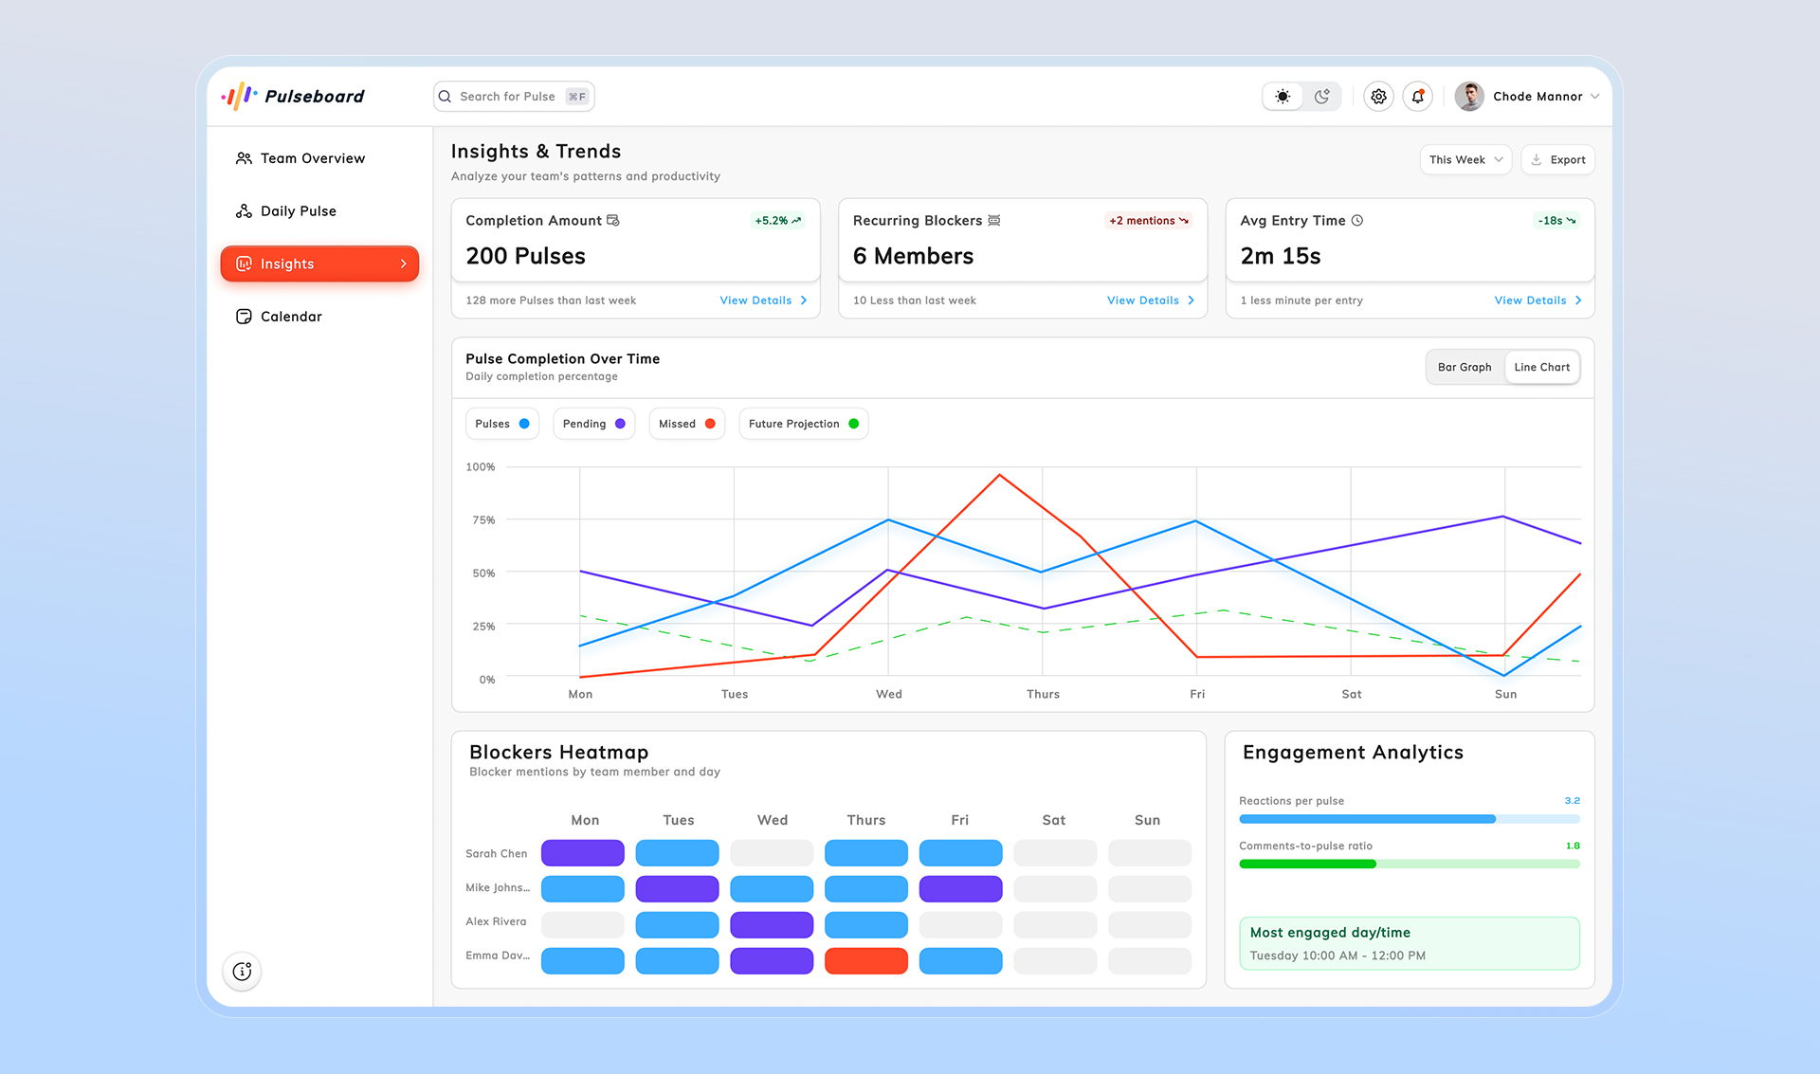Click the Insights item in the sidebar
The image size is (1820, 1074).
point(319,264)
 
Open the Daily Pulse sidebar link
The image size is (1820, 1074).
point(298,211)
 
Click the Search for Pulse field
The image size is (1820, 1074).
point(508,97)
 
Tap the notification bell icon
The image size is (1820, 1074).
point(1417,97)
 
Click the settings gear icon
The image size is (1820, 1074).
point(1378,97)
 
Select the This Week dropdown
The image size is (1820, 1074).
point(1465,159)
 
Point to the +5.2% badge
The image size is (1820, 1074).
point(777,221)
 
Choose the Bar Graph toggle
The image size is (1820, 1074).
point(1464,367)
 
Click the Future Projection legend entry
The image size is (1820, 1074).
point(803,424)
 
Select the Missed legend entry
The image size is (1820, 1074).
point(686,424)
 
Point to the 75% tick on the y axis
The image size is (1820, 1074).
point(483,519)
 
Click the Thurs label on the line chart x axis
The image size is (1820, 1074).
point(1043,694)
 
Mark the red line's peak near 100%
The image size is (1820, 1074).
point(999,475)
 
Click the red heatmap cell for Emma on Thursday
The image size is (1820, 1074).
point(865,960)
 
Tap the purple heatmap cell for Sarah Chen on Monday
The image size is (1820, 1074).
point(582,853)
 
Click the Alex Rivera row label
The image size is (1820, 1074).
point(496,921)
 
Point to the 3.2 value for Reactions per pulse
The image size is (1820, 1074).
point(1572,801)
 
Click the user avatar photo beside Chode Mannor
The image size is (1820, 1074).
point(1469,97)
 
